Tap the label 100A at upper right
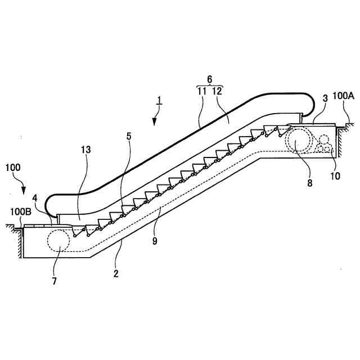[343, 96]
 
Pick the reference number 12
[217, 90]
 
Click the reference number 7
[55, 280]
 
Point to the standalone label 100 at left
[14, 167]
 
